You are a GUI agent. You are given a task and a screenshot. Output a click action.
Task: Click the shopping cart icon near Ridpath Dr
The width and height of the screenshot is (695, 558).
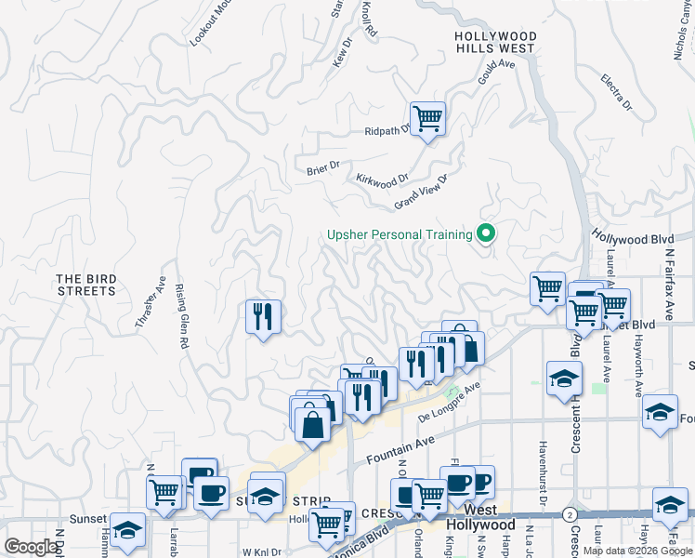tap(427, 119)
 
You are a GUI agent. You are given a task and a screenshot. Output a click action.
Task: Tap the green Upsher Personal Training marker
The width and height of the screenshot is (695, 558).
tap(484, 233)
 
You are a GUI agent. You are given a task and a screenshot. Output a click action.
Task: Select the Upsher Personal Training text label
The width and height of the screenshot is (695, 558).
tap(400, 235)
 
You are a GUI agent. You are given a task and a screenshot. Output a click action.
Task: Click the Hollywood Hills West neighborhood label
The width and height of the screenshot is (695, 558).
tap(495, 42)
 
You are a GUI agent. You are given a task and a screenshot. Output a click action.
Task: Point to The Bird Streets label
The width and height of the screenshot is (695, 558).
tap(85, 285)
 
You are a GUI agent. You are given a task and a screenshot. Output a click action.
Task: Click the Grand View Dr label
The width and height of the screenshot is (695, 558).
tap(421, 191)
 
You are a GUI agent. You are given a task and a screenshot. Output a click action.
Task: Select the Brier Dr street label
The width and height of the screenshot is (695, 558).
tap(323, 168)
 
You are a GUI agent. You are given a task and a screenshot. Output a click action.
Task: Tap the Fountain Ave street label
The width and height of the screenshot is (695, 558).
tap(400, 451)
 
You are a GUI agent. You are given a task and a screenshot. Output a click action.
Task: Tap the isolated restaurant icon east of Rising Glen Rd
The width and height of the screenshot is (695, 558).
tap(263, 317)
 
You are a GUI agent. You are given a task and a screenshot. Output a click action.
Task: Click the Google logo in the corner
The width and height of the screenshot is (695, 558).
tap(32, 547)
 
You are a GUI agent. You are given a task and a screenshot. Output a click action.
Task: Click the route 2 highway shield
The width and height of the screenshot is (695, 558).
tap(570, 513)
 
